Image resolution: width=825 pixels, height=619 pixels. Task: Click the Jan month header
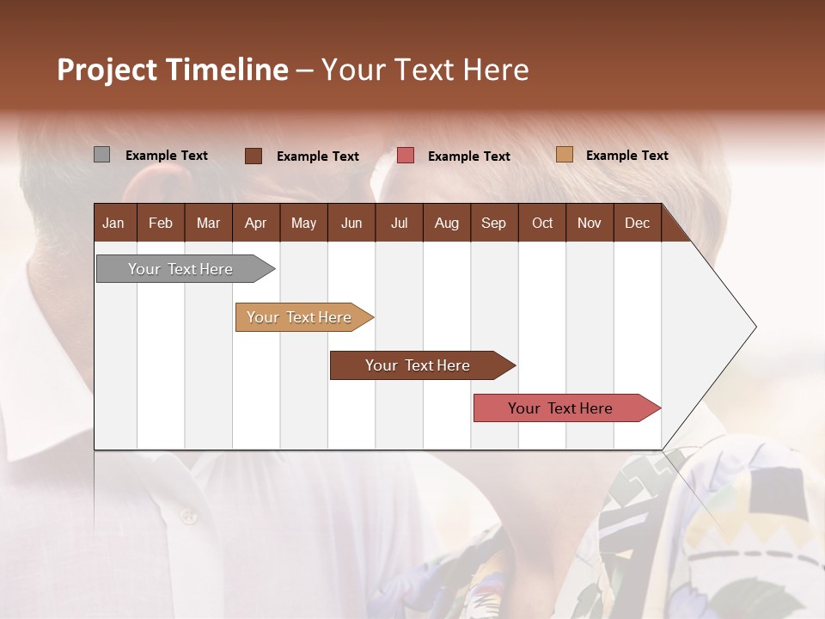[113, 224]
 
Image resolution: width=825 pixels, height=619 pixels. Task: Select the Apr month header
[255, 224]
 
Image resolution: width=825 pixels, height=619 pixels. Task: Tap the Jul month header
[399, 224]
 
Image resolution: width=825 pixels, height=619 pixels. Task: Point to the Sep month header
[493, 224]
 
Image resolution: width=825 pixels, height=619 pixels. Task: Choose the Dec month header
[637, 224]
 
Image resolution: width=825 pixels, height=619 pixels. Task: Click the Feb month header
[161, 224]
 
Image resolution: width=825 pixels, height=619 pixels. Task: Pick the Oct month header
[542, 224]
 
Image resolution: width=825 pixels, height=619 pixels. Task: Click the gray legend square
[101, 155]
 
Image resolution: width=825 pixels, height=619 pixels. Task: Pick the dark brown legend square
[253, 156]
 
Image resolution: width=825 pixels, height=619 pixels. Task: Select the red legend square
[406, 156]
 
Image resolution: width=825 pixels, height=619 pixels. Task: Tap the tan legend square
[564, 155]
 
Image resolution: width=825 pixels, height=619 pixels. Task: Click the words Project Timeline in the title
[173, 70]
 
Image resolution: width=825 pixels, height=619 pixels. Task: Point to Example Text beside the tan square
[626, 156]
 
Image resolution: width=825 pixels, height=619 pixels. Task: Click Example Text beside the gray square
[167, 156]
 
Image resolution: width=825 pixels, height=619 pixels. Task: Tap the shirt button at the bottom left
[187, 516]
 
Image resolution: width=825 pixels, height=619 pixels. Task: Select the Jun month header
[351, 224]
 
